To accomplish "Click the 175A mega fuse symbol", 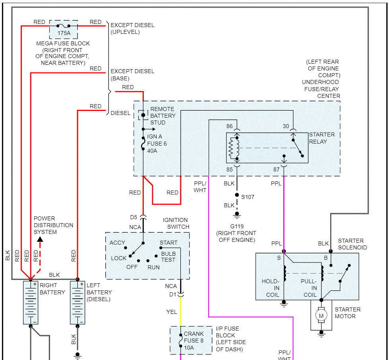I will pyautogui.click(x=64, y=27).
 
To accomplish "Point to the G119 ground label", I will pyautogui.click(x=236, y=226).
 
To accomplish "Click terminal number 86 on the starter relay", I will pyautogui.click(x=230, y=126).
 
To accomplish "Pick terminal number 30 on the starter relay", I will pyautogui.click(x=286, y=126).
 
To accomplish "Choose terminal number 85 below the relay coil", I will pyautogui.click(x=230, y=169).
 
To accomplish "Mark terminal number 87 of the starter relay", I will pyautogui.click(x=277, y=169).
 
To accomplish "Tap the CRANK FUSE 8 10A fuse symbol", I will pyautogui.click(x=181, y=341).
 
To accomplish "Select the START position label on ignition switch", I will pyautogui.click(x=168, y=243).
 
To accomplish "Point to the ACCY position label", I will pyautogui.click(x=117, y=243).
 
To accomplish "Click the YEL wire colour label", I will pyautogui.click(x=172, y=312).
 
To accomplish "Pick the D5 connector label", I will pyautogui.click(x=134, y=217).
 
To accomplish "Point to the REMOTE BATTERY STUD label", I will pyautogui.click(x=163, y=116).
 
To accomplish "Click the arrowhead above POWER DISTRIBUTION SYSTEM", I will pyautogui.click(x=40, y=239).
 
